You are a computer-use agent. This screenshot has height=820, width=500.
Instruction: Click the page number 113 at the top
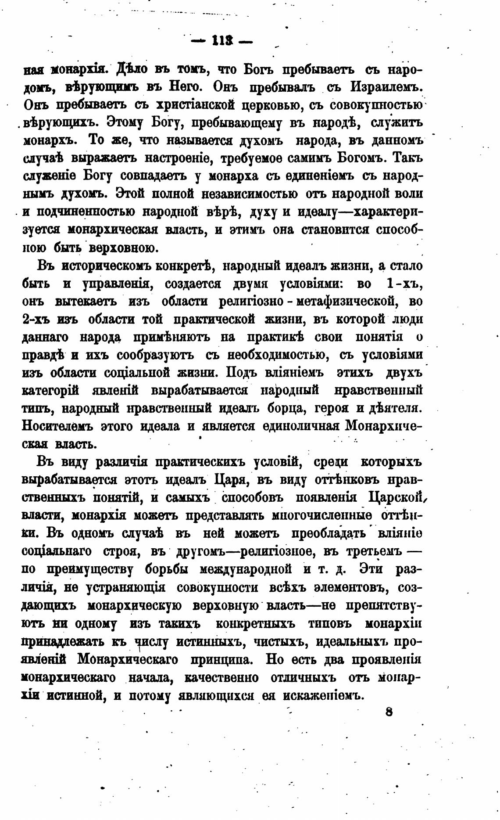[223, 43]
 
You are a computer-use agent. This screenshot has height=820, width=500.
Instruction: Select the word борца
[286, 408]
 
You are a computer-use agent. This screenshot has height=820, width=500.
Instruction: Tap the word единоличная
[302, 426]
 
